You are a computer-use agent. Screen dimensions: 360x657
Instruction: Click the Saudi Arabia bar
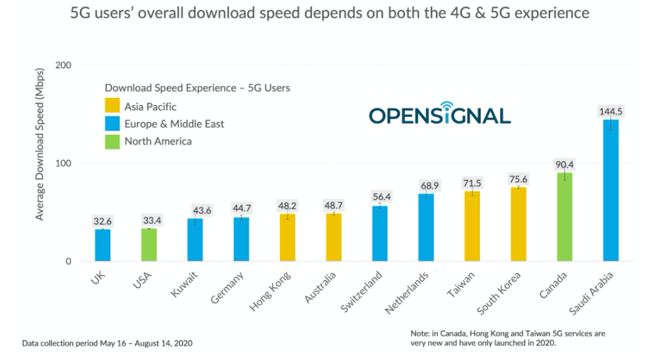(x=610, y=191)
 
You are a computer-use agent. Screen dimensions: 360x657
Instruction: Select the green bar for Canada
(x=565, y=217)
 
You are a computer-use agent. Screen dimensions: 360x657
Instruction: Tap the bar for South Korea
(x=518, y=224)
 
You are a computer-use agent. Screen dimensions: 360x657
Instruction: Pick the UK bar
(x=103, y=245)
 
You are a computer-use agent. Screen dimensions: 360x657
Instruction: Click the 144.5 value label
(x=611, y=111)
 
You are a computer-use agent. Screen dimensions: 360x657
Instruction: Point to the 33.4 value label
(x=149, y=220)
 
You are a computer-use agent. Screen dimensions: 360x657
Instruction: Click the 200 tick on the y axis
(x=63, y=65)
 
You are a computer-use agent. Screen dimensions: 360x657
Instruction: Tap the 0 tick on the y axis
(x=68, y=262)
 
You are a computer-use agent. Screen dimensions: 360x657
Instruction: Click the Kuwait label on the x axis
(x=185, y=285)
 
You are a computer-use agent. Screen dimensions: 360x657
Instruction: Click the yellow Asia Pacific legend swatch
(x=112, y=106)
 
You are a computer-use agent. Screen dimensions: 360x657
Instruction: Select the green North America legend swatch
(x=112, y=141)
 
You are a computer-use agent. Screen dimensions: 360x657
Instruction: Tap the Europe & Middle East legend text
(x=174, y=124)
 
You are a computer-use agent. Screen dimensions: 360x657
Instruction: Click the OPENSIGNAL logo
(x=440, y=115)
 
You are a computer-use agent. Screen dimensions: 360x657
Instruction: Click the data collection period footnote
(x=107, y=343)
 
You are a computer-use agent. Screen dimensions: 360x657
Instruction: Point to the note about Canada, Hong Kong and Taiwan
(x=507, y=338)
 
